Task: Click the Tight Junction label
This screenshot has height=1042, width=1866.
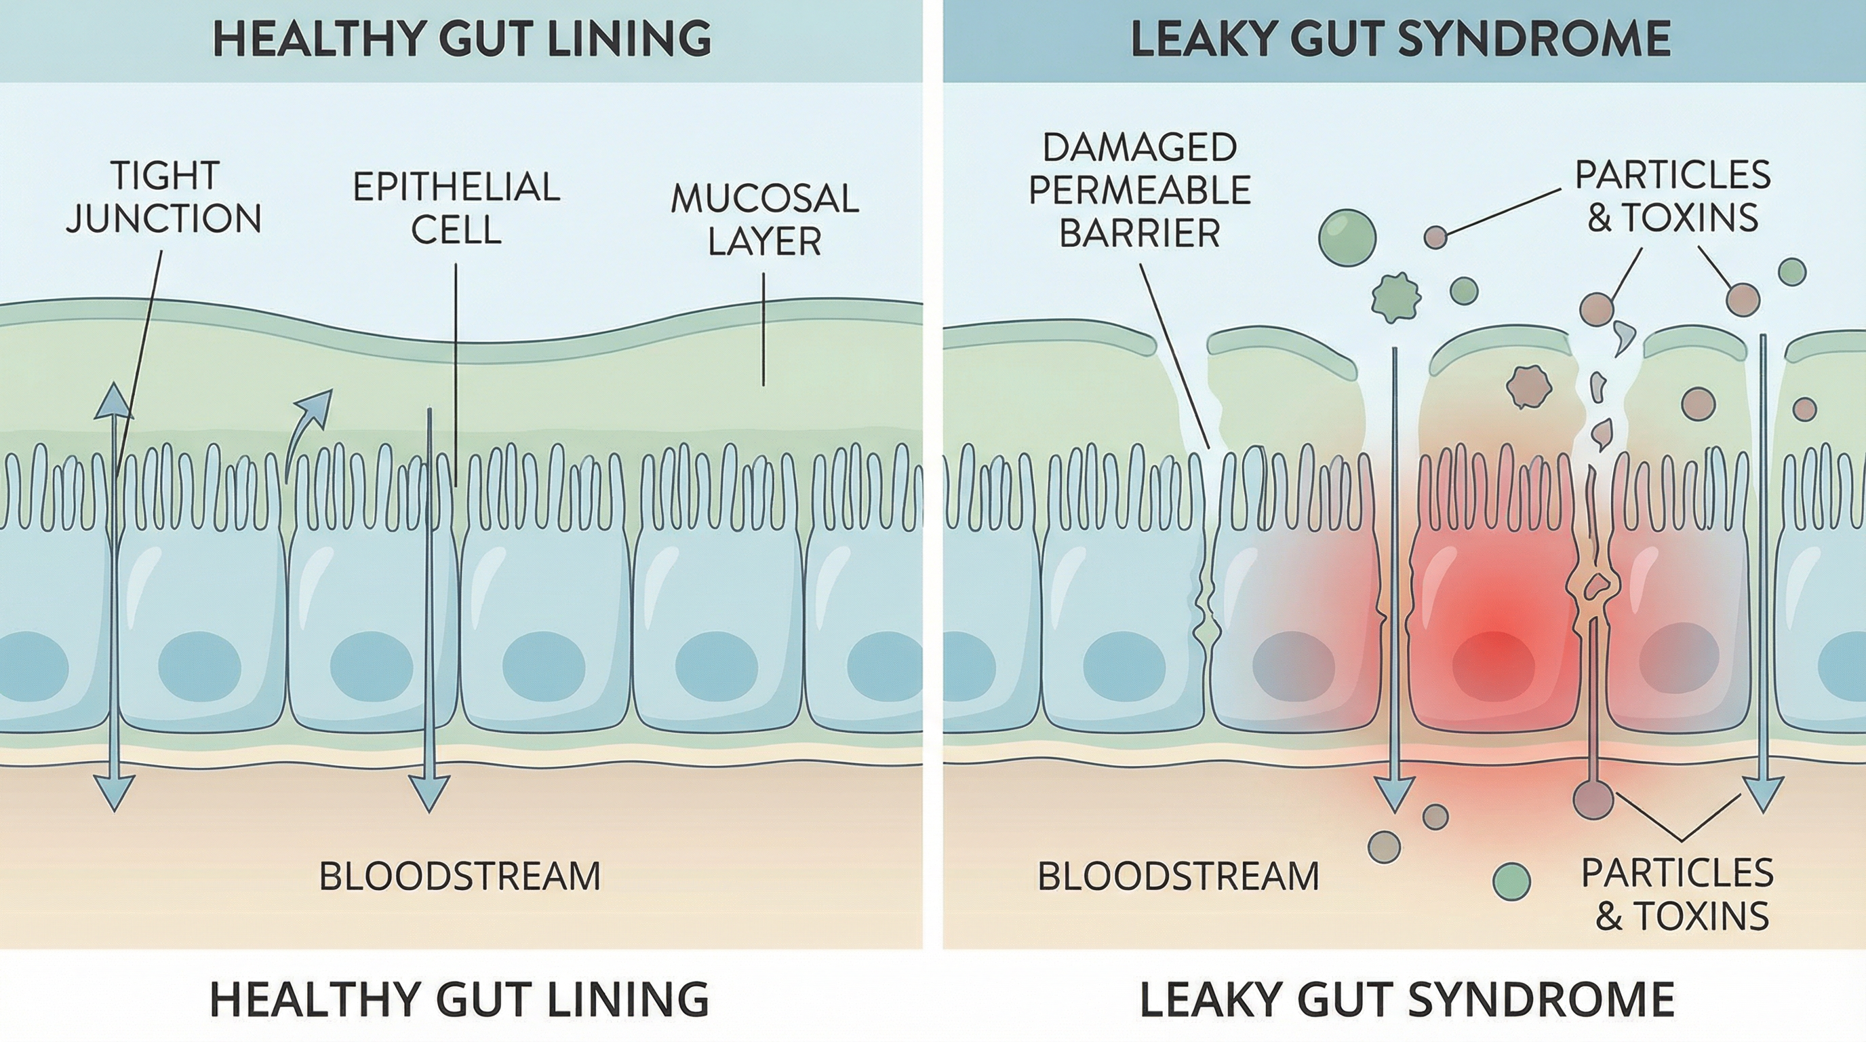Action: click(163, 197)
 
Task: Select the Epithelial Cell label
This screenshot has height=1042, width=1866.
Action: click(456, 208)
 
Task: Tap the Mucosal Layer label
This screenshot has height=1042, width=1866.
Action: click(764, 220)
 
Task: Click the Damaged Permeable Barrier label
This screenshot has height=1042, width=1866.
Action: click(1139, 191)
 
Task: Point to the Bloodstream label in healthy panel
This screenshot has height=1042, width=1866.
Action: click(460, 876)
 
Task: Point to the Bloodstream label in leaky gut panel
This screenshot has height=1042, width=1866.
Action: click(1178, 876)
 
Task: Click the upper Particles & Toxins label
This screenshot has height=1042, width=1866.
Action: click(1673, 195)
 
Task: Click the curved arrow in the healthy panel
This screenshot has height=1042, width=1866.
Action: click(307, 427)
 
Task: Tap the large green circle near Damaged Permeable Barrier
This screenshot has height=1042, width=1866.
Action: click(1347, 237)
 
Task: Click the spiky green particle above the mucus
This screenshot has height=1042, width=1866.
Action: click(1396, 297)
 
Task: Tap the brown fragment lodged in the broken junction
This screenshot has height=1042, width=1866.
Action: click(1594, 585)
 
